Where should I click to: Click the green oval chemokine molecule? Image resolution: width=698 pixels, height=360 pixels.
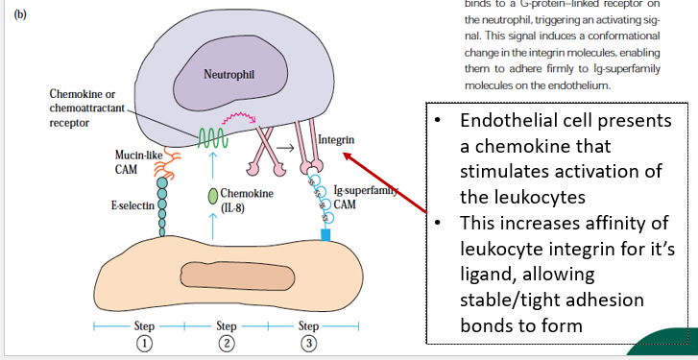point(213,196)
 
